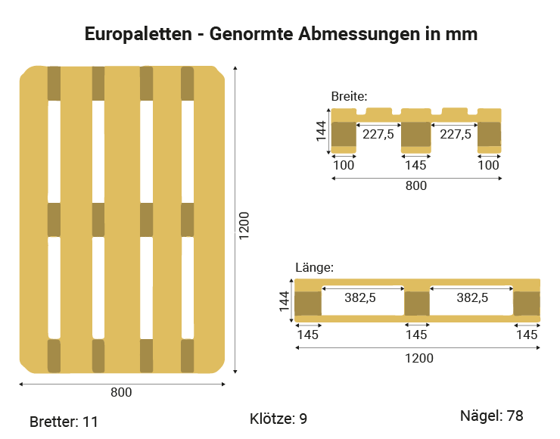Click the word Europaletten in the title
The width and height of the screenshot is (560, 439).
click(137, 35)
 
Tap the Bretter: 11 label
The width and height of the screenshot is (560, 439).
click(64, 422)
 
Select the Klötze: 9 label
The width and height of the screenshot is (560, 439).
click(278, 419)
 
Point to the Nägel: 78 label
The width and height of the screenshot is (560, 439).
click(492, 416)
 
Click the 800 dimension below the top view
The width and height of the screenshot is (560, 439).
click(121, 392)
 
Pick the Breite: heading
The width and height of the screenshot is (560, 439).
click(349, 96)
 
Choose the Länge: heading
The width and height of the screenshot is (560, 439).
click(314, 267)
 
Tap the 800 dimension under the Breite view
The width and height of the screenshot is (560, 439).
click(416, 185)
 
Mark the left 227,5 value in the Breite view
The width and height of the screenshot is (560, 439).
click(378, 134)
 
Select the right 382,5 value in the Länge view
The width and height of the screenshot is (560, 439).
click(472, 298)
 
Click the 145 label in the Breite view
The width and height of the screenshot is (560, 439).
click(415, 164)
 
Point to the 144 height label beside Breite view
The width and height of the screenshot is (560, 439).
click(322, 132)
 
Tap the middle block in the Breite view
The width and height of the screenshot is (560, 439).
click(415, 134)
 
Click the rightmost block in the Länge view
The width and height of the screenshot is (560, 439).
click(527, 303)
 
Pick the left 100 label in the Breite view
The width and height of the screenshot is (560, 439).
click(344, 164)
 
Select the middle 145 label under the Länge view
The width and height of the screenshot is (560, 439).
click(416, 334)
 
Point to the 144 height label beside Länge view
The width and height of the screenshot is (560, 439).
click(285, 301)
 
